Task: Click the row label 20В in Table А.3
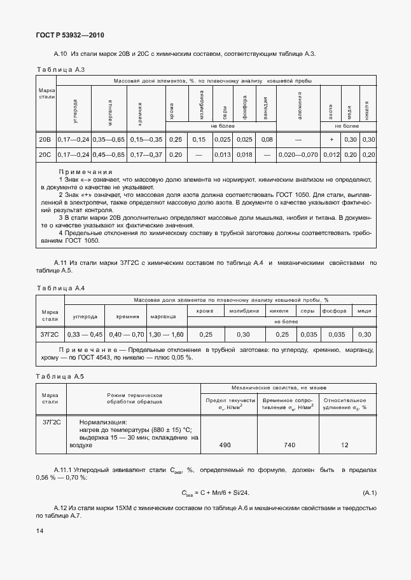click(45, 140)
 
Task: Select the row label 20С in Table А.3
click(45, 154)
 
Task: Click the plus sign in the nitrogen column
click(331, 140)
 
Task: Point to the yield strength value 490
click(225, 446)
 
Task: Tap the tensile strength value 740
click(289, 446)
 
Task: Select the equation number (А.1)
click(370, 492)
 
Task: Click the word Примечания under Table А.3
click(85, 172)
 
